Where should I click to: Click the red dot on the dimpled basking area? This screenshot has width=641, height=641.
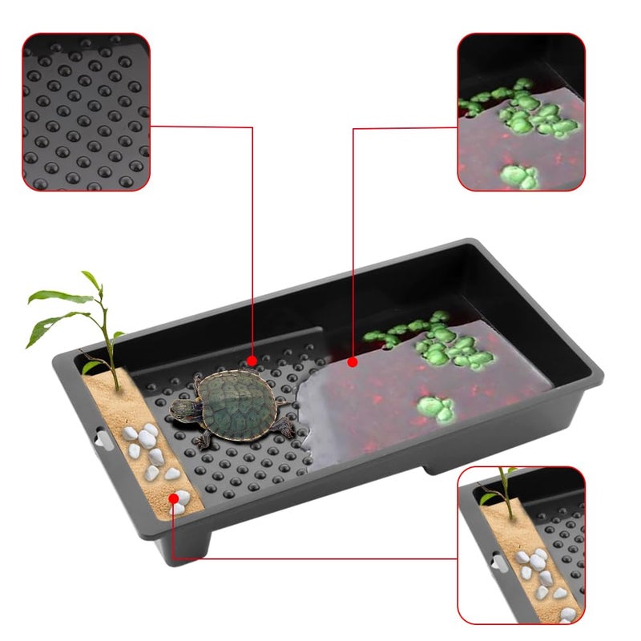click(x=252, y=361)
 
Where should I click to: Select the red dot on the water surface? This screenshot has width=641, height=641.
click(x=353, y=362)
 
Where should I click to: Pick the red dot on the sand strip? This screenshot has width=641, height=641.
click(x=173, y=498)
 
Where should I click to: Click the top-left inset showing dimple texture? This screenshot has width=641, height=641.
click(x=87, y=111)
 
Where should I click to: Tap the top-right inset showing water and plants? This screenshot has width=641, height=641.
click(x=521, y=111)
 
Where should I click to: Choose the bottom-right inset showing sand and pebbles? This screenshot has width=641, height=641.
click(x=521, y=545)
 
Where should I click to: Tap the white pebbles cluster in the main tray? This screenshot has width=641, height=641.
click(x=148, y=449)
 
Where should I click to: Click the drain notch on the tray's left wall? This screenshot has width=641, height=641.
click(x=99, y=438)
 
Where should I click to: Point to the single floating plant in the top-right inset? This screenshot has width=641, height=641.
click(x=519, y=175)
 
